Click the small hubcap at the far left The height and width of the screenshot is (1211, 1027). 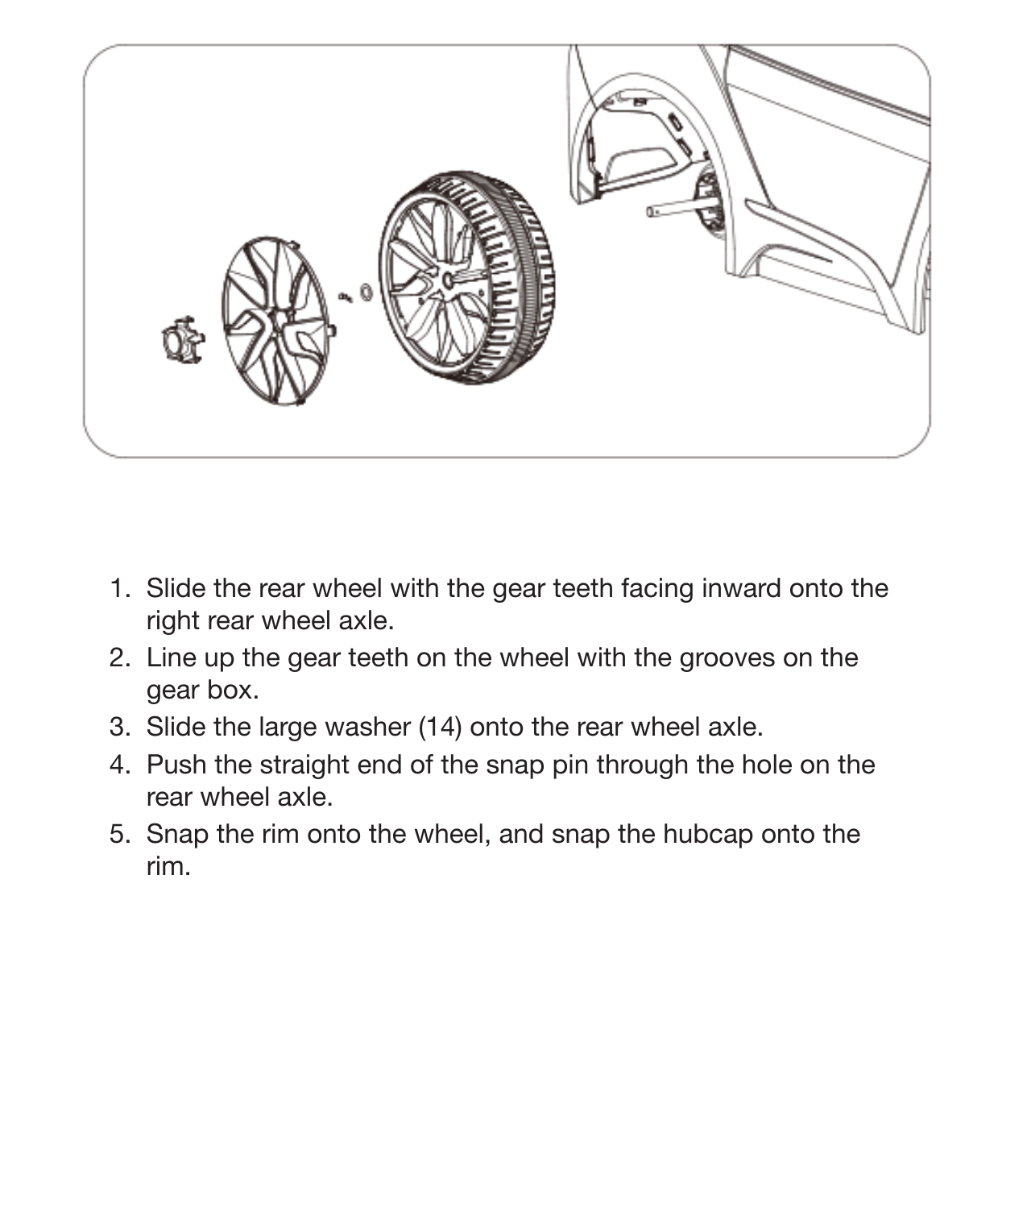pyautogui.click(x=182, y=340)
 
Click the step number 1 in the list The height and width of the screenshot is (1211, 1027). pyautogui.click(x=119, y=588)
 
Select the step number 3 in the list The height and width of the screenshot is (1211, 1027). pyautogui.click(x=119, y=727)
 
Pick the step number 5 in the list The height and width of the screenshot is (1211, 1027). pyautogui.click(x=119, y=834)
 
